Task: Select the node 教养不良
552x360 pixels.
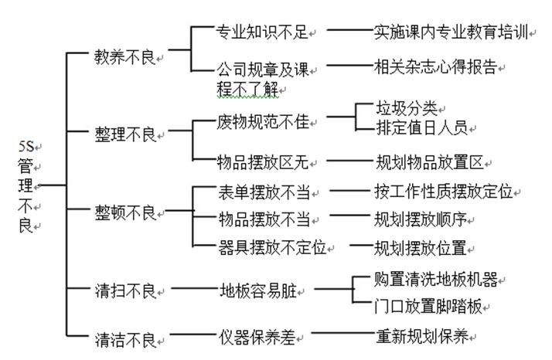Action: [124, 57]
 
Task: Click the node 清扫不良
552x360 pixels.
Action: [124, 291]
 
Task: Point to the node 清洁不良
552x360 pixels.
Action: [124, 338]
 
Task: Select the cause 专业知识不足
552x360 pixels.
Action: [261, 32]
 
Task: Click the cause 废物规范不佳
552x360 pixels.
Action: [261, 122]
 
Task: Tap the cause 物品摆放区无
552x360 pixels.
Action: [261, 162]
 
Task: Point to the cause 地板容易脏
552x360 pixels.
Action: [258, 291]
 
